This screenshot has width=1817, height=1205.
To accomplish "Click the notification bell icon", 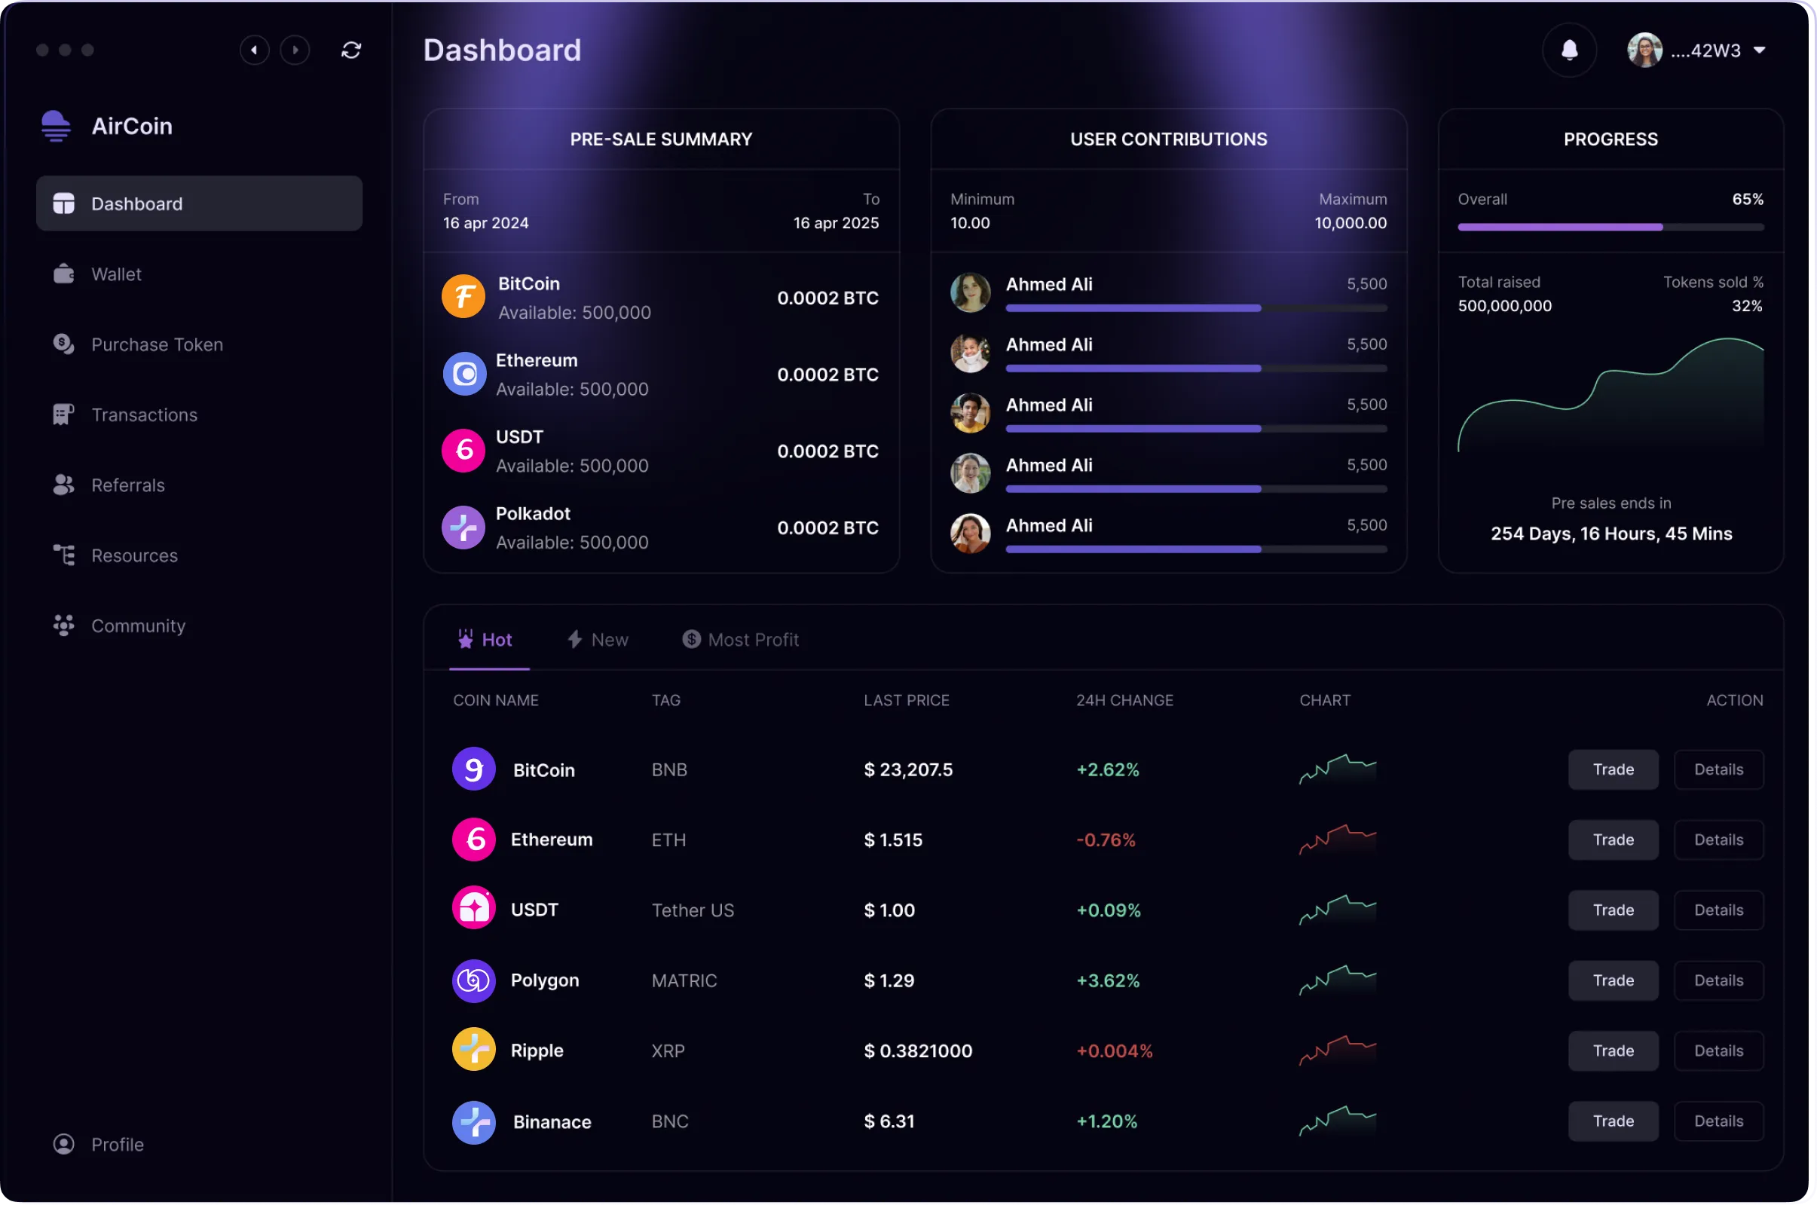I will click(x=1569, y=50).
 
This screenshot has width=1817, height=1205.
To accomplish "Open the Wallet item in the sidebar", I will click(x=115, y=274).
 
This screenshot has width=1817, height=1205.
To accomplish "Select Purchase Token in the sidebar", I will click(x=157, y=344).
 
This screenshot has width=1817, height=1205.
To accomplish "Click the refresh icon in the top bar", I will click(x=351, y=50).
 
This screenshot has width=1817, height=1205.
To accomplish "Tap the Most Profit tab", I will click(x=742, y=639).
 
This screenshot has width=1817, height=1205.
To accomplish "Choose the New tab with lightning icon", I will click(x=598, y=639).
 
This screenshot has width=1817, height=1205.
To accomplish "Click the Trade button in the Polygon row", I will click(x=1613, y=980).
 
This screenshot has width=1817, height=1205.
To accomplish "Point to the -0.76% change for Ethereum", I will click(x=1106, y=840).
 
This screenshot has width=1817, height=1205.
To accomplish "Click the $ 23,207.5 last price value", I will click(x=908, y=769).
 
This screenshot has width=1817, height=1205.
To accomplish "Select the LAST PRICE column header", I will click(x=907, y=700).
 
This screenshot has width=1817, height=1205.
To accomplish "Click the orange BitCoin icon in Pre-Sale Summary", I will click(x=463, y=297).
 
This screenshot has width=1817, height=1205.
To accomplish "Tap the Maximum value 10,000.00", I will click(x=1351, y=223).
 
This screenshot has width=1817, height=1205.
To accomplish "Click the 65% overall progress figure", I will click(x=1747, y=199).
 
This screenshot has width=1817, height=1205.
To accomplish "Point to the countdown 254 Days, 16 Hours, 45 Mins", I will click(x=1611, y=534).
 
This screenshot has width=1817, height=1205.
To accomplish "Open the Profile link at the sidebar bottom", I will click(x=117, y=1144).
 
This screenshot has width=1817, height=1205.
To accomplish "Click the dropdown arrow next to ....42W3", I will click(x=1760, y=50).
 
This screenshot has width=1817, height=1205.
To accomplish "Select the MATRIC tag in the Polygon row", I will click(x=684, y=980).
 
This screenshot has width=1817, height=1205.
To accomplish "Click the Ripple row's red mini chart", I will click(x=1338, y=1051).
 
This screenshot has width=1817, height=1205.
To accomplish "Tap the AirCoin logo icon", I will click(x=56, y=126).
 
